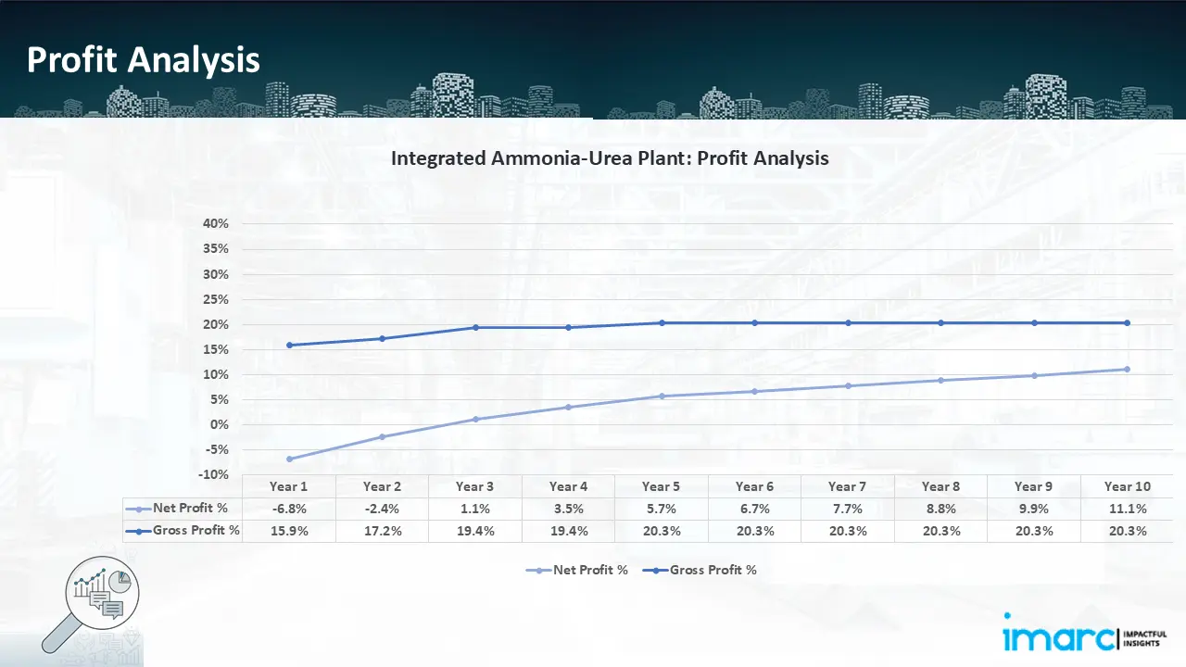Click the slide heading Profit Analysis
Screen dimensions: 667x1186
[x=144, y=60]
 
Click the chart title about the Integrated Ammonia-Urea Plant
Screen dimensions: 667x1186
[x=610, y=157]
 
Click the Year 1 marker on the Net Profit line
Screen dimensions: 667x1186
[x=289, y=459]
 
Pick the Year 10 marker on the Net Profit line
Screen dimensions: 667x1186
[x=1127, y=369]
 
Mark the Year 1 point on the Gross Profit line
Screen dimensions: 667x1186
[x=289, y=345]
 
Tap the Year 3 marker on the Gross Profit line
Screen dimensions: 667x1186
[x=475, y=327]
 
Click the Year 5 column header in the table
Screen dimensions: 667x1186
[x=662, y=486]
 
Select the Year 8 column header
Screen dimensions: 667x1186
[x=940, y=486]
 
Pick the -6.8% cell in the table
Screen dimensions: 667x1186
[x=289, y=509]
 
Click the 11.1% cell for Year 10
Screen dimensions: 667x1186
[x=1127, y=509]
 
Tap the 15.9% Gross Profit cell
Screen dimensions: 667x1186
[x=289, y=531]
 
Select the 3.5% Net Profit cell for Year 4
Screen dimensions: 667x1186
[x=568, y=509]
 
